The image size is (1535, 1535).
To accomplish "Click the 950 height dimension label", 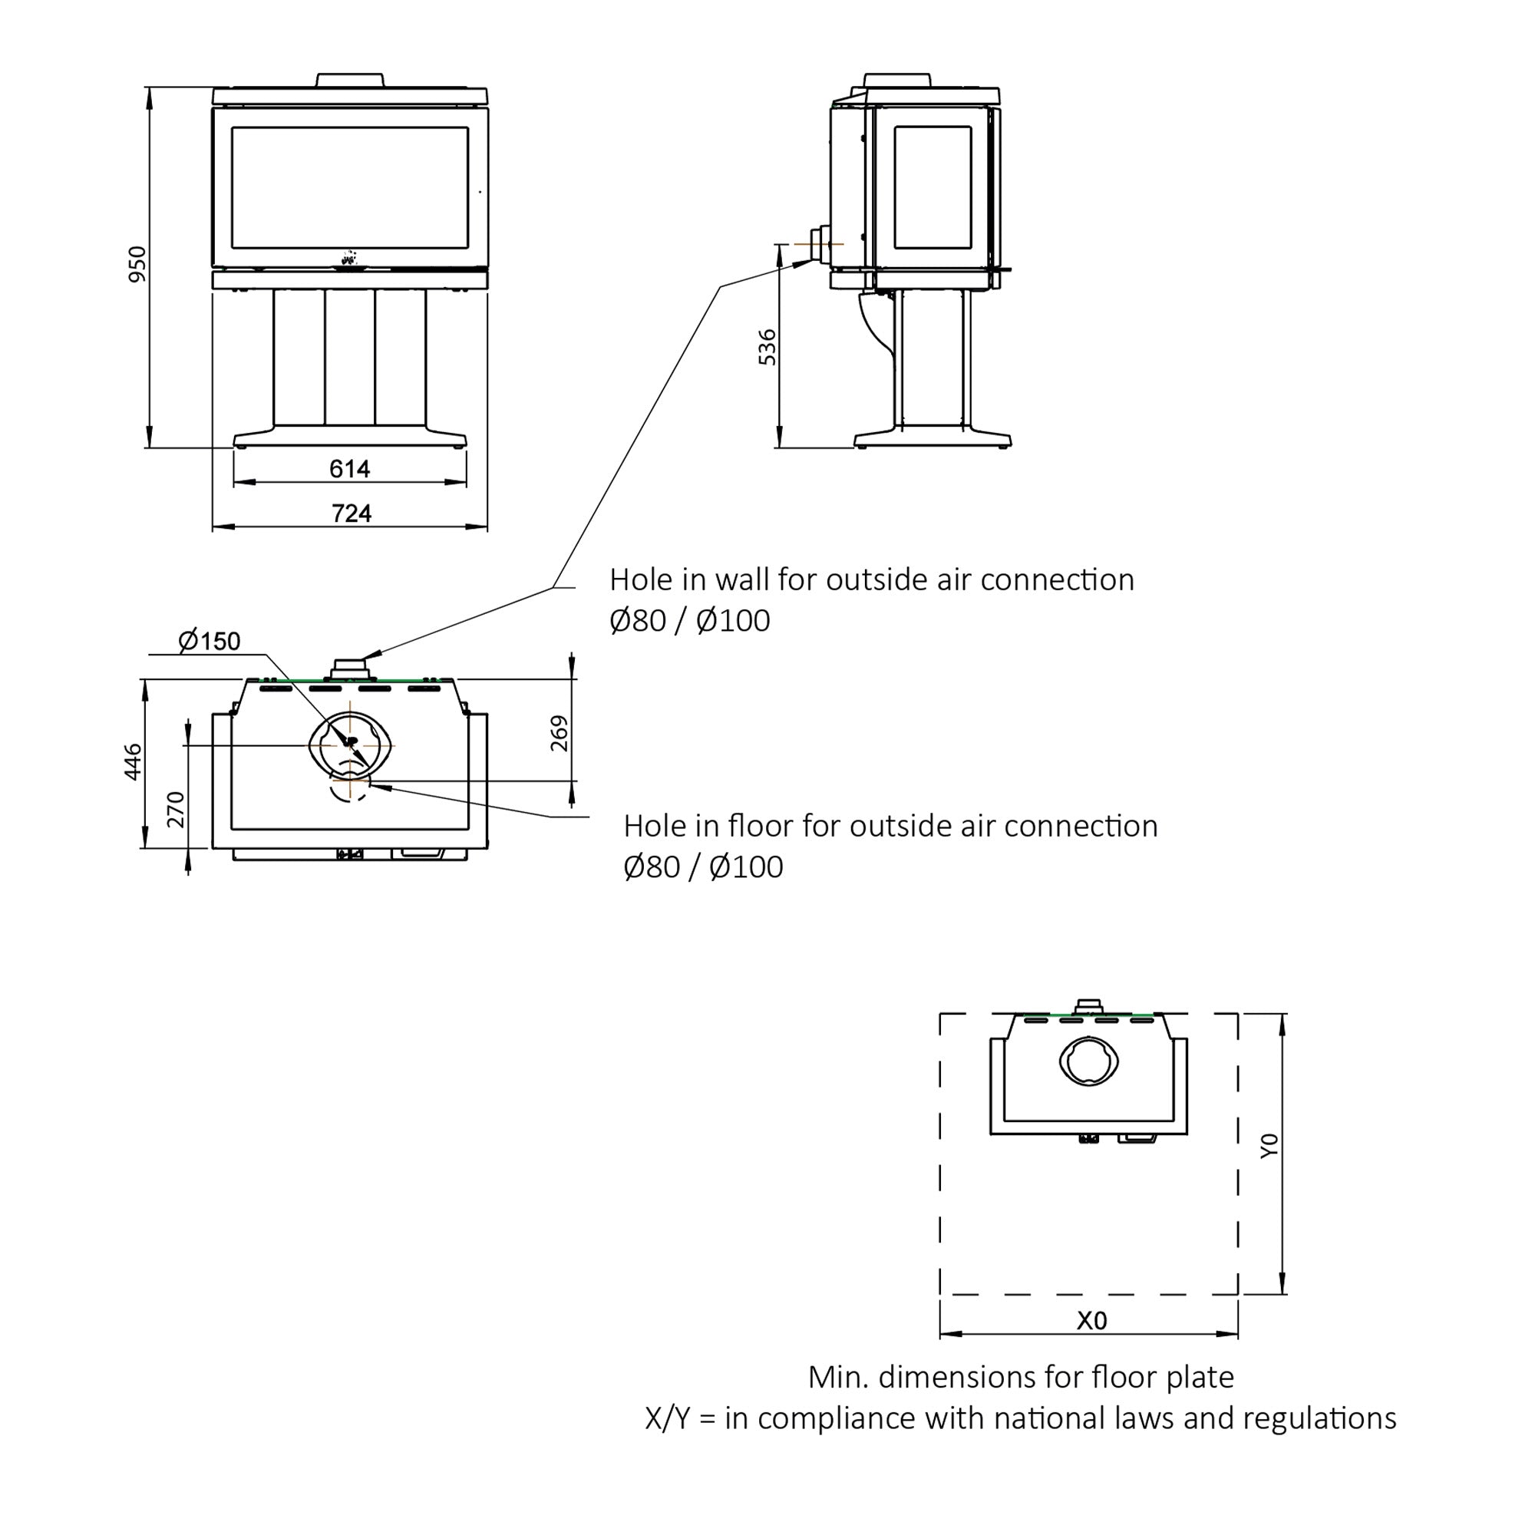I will click(137, 264).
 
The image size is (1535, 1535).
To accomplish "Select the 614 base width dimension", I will click(349, 469).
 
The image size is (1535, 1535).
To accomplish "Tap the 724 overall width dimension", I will click(352, 513).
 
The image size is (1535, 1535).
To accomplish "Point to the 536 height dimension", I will click(767, 346).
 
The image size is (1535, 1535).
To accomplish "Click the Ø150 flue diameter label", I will click(209, 640).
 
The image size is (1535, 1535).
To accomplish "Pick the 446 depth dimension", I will click(134, 762).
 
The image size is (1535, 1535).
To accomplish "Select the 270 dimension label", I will click(176, 809).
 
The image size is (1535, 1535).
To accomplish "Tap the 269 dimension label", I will click(560, 732).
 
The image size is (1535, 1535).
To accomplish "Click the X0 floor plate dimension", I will click(1091, 1320).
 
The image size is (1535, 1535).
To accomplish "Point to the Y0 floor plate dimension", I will click(1269, 1146).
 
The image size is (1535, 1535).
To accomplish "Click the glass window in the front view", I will click(349, 187).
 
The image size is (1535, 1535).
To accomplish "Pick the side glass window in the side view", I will click(933, 187).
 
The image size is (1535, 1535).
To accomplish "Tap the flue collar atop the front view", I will click(351, 81).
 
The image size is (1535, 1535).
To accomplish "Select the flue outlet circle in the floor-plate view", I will click(1089, 1061).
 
